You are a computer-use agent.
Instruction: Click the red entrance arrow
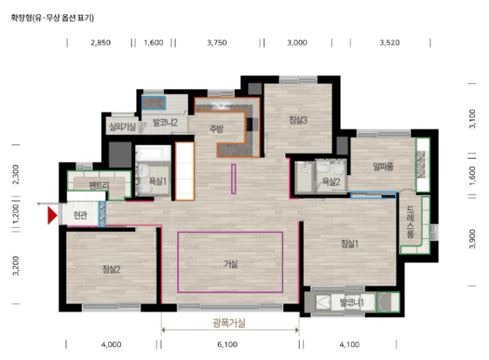(x=52, y=216)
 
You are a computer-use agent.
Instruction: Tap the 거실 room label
(x=231, y=264)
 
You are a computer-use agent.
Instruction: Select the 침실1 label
(x=349, y=243)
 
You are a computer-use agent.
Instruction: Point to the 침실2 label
(x=111, y=270)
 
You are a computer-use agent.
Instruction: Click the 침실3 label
(x=298, y=120)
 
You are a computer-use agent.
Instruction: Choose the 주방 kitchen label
(x=216, y=129)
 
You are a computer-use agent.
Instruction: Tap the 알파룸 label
(x=383, y=166)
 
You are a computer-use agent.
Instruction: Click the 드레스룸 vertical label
(x=411, y=222)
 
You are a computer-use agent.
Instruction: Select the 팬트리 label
(x=99, y=186)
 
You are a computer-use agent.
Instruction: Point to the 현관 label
(x=80, y=215)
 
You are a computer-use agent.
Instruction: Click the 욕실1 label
(x=157, y=181)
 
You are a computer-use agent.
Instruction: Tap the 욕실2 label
(x=331, y=181)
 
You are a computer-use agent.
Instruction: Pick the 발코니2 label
(x=165, y=122)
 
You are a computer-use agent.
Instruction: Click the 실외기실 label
(x=122, y=127)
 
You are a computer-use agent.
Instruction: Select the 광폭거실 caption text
(x=229, y=323)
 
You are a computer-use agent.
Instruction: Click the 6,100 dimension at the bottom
(x=227, y=344)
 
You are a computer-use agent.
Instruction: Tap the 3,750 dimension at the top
(x=217, y=43)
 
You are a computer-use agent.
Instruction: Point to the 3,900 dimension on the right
(x=473, y=239)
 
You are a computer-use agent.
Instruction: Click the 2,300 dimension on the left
(x=16, y=174)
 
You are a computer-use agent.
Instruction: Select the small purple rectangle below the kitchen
(x=233, y=179)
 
